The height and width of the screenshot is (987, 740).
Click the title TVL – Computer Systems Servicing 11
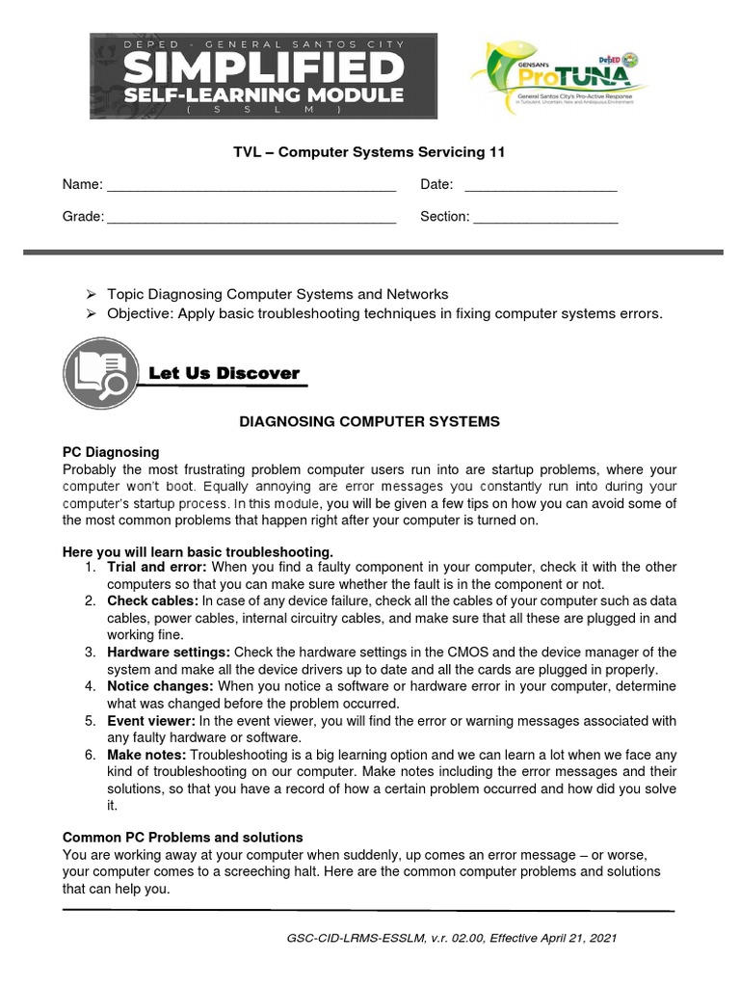370,152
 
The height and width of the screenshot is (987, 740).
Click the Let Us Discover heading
224,373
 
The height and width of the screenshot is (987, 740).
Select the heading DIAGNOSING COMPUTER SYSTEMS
370,421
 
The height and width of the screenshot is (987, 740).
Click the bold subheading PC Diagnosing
111,452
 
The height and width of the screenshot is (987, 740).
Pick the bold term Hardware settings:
169,653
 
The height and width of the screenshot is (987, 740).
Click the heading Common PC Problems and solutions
182,837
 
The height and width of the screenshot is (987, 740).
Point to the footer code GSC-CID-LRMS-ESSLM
343,937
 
